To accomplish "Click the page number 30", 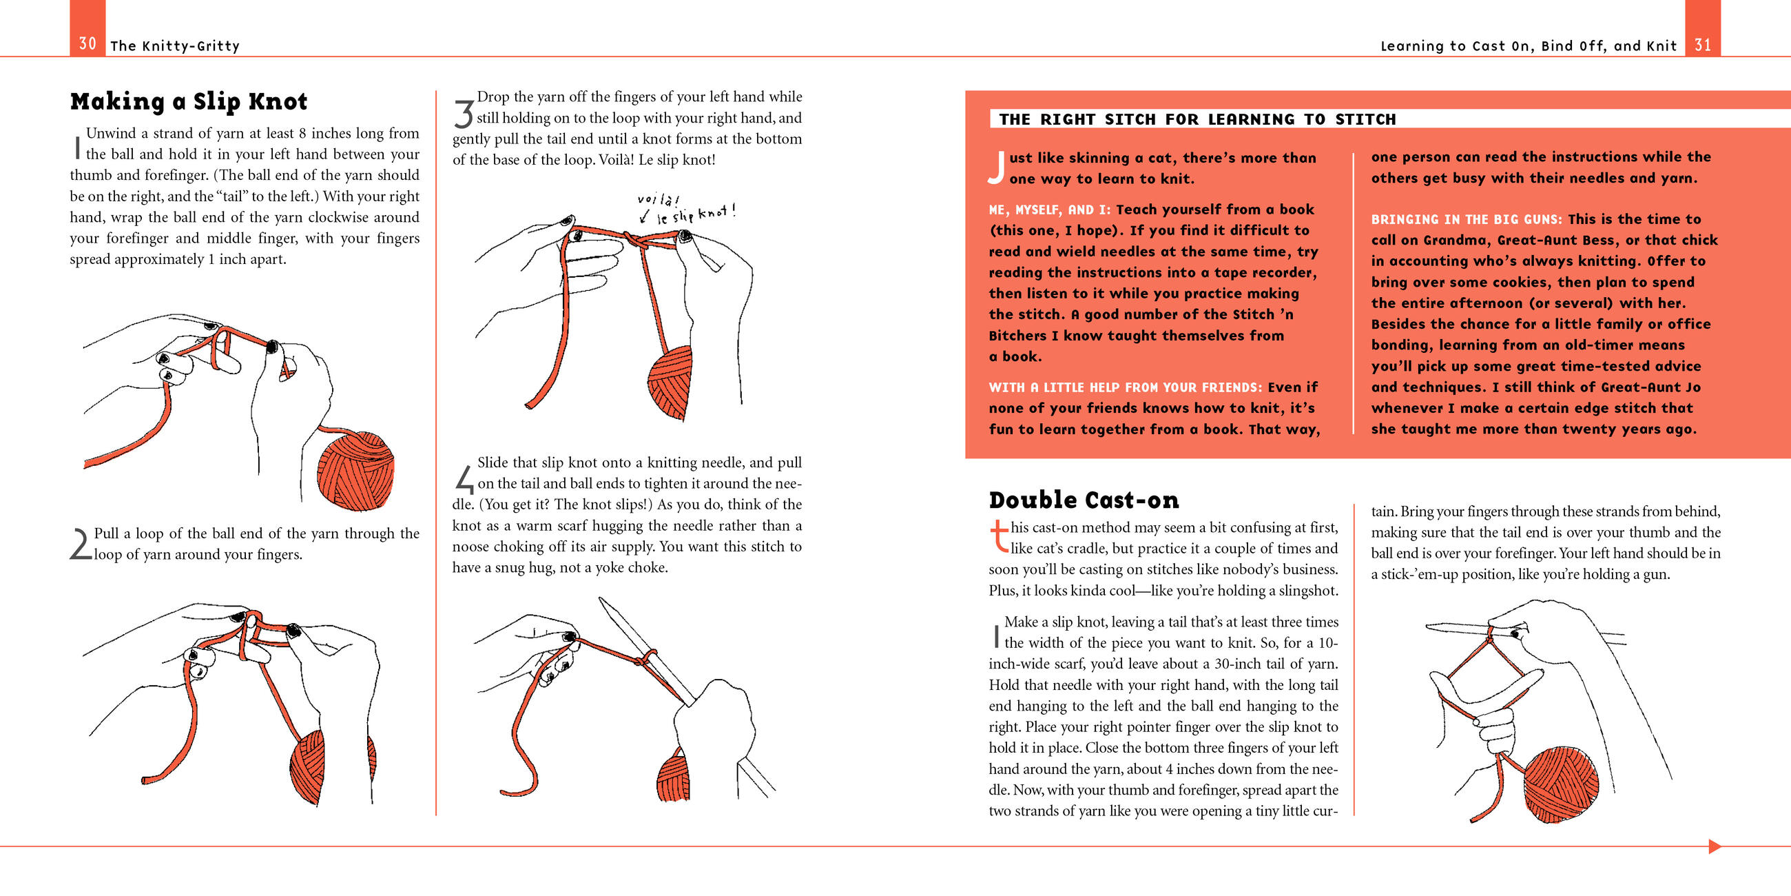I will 87,44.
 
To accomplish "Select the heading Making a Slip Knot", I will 189,101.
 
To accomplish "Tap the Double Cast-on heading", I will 1084,500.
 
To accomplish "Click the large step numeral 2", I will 81,544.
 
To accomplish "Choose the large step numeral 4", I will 464,478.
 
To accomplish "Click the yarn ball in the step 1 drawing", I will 355,470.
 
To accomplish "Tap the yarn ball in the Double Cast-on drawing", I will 1560,786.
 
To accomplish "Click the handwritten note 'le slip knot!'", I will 695,213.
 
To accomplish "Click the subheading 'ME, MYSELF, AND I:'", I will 1050,210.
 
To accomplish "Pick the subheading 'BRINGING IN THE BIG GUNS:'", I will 1466,220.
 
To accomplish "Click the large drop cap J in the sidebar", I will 996,167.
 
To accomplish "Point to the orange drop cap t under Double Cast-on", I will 998,536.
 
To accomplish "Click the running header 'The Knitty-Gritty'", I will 174,47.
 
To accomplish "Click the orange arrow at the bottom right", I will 1715,846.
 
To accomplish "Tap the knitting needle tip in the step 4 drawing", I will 602,600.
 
